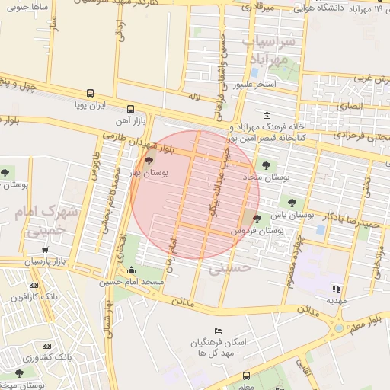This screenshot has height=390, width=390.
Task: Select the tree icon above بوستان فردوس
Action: point(256,219)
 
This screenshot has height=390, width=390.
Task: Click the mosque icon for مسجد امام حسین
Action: point(132,270)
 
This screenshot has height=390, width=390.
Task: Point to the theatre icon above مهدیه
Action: point(335,288)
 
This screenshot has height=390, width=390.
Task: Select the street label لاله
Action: point(193,98)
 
